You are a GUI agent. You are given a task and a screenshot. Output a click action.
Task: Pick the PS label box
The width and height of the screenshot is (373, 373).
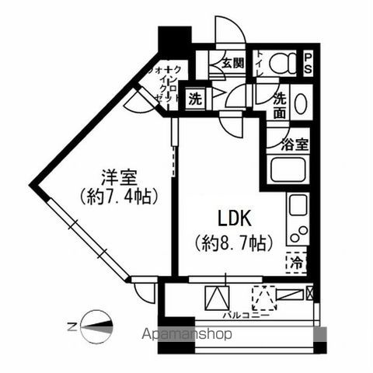click(x=309, y=61)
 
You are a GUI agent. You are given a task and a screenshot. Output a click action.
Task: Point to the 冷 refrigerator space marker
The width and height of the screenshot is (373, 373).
click(x=296, y=263)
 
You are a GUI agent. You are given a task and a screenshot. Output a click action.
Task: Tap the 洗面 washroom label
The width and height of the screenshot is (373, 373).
click(x=280, y=106)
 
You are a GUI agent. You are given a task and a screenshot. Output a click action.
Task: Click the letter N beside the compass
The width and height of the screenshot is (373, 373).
click(x=71, y=327)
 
